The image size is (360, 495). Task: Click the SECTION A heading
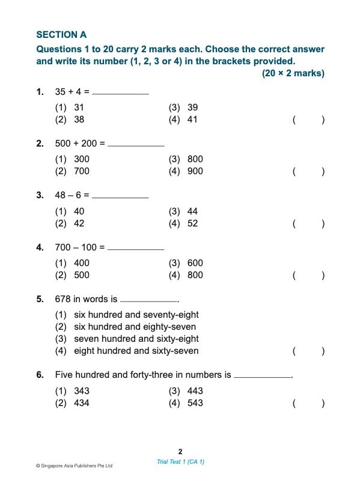tap(61, 35)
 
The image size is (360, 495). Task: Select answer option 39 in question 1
tap(192, 108)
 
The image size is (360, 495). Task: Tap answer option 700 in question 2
tap(81, 171)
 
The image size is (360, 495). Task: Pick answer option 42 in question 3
tap(79, 223)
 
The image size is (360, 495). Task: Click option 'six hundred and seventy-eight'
tap(136, 315)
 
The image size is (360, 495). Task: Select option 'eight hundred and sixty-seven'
tap(136, 351)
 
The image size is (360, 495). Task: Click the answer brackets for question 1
tap(308, 120)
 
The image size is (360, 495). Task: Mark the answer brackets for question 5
tap(308, 351)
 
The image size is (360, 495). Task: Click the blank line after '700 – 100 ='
tap(135, 248)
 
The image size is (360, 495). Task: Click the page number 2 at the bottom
tap(180, 451)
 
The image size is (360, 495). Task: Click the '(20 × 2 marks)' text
tap(293, 73)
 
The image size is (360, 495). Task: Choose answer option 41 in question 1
tap(192, 120)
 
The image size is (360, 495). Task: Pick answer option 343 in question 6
tap(81, 391)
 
